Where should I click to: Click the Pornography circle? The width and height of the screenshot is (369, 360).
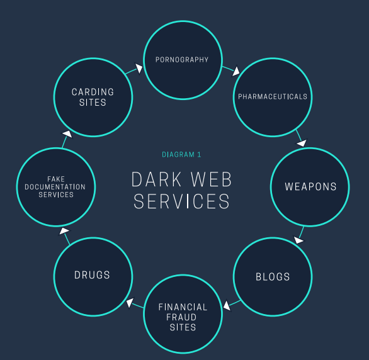(x=182, y=60)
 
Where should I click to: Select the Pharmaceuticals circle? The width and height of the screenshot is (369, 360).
(x=272, y=97)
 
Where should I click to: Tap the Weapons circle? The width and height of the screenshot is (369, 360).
(x=310, y=187)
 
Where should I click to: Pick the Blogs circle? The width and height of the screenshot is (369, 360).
(x=273, y=277)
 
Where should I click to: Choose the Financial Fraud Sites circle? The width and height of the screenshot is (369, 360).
(x=183, y=316)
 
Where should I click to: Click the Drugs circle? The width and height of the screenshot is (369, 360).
(x=93, y=276)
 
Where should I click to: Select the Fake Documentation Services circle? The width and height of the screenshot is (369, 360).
(x=56, y=187)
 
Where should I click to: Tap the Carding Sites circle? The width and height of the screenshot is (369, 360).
(x=93, y=97)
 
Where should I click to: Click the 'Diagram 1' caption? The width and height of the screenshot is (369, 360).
(x=181, y=154)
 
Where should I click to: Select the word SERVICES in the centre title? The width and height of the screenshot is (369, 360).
(x=181, y=201)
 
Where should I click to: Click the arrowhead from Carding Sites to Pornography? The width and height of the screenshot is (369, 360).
(x=139, y=67)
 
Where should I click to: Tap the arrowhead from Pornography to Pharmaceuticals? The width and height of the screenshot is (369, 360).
(x=236, y=71)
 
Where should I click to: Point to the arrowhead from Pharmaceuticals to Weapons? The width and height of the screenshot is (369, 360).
(x=301, y=143)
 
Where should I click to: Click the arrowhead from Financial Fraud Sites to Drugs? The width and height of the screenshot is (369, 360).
(x=129, y=303)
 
